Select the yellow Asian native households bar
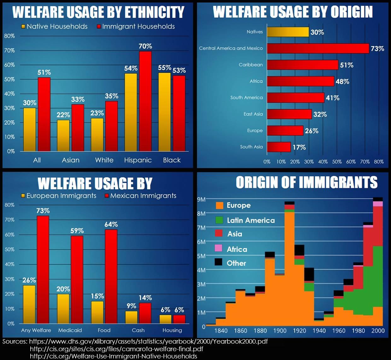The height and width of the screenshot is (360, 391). tap(63, 136)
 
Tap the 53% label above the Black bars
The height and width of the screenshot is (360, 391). tap(179, 70)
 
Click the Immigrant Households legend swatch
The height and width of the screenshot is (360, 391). tap(99, 27)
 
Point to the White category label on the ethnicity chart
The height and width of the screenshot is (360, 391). tap(104, 160)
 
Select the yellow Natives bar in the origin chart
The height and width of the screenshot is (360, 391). tap(288, 32)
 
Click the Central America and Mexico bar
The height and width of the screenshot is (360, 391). tap(318, 48)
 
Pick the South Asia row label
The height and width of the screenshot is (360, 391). tap(251, 147)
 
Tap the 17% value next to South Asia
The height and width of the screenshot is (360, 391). tap(299, 147)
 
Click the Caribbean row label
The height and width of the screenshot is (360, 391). tap(251, 65)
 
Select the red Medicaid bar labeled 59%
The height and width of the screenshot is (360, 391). tap(77, 279)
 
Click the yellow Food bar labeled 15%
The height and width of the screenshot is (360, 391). tap(97, 312)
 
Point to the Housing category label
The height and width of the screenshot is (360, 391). tap(172, 330)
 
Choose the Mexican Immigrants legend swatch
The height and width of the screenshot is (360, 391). tap(107, 196)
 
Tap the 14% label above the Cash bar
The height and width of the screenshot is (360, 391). tap(145, 298)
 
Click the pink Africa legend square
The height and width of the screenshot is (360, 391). tap(219, 248)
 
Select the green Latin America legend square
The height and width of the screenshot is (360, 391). tap(219, 220)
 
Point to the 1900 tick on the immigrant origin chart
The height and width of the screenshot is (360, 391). tap(280, 331)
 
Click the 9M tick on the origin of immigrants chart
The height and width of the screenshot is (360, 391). tap(201, 199)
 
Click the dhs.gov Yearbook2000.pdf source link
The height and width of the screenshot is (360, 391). tap(148, 341)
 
